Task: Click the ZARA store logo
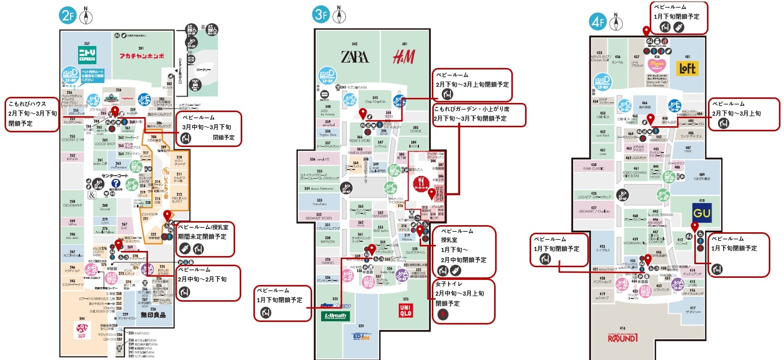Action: click(355, 56)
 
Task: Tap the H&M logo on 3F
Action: click(403, 57)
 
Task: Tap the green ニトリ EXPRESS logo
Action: click(87, 54)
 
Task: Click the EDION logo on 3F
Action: click(360, 337)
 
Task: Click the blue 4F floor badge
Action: click(598, 22)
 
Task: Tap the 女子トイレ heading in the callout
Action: click(449, 284)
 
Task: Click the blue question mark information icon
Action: click(116, 184)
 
